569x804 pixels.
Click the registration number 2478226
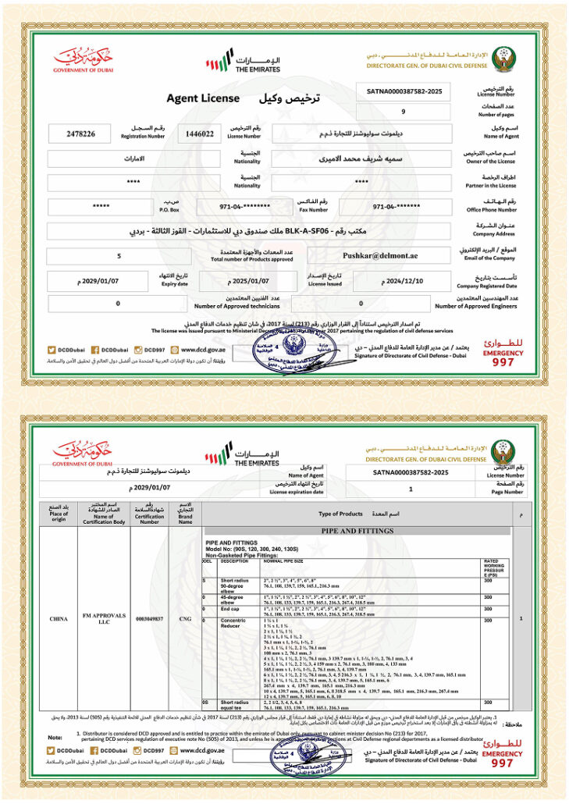coord(82,134)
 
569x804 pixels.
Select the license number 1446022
coord(200,134)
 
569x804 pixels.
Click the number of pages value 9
coord(403,112)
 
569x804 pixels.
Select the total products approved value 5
coord(119,255)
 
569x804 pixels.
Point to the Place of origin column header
coord(59,515)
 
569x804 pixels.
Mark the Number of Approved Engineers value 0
coord(361,303)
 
